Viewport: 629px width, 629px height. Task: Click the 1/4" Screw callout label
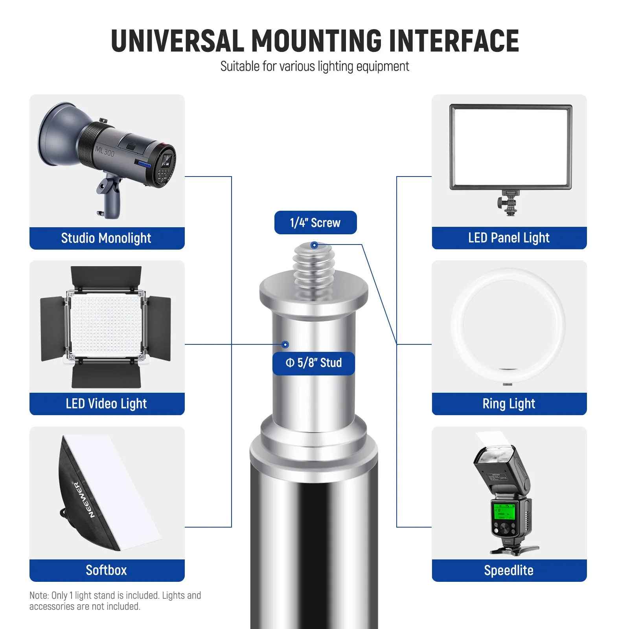pos(315,223)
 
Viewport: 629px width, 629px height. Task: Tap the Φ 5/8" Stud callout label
pos(314,363)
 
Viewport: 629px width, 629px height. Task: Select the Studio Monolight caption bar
pos(107,238)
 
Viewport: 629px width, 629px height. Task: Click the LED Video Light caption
pos(107,404)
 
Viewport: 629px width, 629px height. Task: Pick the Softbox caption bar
pos(107,570)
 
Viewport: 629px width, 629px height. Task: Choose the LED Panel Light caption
pos(509,238)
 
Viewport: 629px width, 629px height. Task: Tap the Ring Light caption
pos(509,404)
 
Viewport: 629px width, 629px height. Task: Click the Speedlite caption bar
pos(509,570)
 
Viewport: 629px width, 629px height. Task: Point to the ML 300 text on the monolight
pos(105,151)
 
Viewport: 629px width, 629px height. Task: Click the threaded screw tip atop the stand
pos(314,267)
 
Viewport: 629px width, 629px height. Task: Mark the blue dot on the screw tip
pos(314,245)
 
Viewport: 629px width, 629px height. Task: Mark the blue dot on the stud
pos(286,345)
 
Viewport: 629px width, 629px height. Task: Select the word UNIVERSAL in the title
pos(178,41)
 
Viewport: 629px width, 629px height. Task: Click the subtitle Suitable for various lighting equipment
pos(314,66)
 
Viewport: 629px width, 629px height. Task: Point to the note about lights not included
pos(115,601)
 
